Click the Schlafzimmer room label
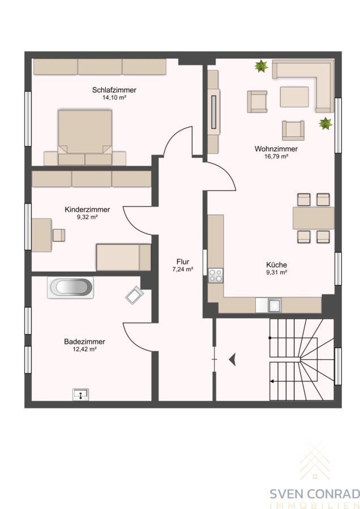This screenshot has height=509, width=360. pos(114,90)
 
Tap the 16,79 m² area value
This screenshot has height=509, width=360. pos(276,157)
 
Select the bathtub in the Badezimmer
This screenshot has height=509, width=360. pos(71,287)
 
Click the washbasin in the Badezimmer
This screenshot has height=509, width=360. pos(80,394)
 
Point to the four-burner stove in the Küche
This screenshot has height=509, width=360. pos(216,275)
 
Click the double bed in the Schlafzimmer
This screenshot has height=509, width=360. pos(85,137)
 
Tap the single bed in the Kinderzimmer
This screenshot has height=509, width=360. pos(124,257)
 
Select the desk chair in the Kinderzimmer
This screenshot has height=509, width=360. pos(59,235)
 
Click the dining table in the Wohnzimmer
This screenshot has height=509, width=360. pos(314,218)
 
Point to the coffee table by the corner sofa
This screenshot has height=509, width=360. pos(294,97)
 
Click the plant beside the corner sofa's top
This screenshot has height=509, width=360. pos(261,66)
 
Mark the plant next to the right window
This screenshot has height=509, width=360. pos(325,124)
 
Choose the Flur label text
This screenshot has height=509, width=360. pos(183,262)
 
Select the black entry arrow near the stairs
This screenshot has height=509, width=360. pos(232,360)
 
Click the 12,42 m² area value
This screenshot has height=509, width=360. pos(85,350)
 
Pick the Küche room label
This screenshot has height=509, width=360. pos(276,265)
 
